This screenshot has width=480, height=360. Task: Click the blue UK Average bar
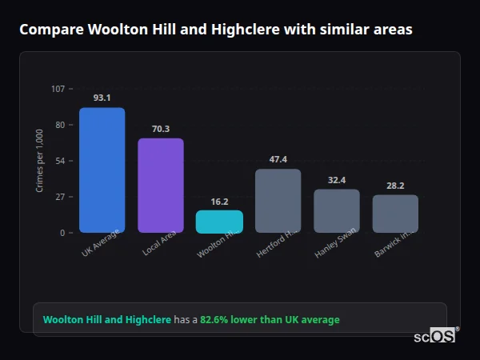pos(102,170)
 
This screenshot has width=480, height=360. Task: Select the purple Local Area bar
pos(161,186)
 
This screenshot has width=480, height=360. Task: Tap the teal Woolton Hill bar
pos(219,222)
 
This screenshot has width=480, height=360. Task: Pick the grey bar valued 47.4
pos(278,201)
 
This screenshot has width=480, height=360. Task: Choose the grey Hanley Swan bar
pos(337,211)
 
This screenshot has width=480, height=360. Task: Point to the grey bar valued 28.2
pos(395,214)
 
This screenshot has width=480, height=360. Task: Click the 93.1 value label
pos(102,98)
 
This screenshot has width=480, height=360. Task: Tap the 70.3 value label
pos(161,129)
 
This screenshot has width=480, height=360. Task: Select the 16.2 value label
pos(219,202)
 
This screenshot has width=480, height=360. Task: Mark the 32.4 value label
pos(337,180)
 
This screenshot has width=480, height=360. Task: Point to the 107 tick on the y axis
pos(58,88)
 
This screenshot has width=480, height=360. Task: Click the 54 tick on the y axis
pos(60,161)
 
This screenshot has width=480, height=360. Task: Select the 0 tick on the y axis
pos(62,233)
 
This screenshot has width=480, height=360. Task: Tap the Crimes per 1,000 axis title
pos(40,161)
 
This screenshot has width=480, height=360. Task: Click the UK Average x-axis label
pos(100,243)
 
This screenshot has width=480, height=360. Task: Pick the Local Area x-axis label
pos(160,243)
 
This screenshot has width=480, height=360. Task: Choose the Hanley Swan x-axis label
pos(335,243)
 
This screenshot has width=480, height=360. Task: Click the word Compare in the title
pos(47,30)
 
